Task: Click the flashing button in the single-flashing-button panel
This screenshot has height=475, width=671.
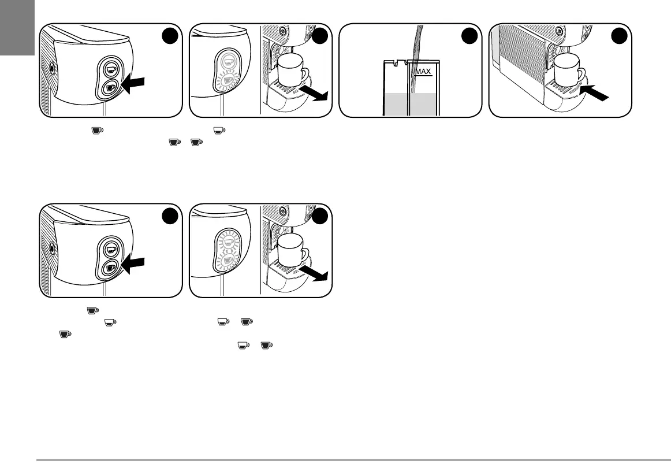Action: point(228,81)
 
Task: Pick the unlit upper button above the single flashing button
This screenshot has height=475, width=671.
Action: point(228,61)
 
